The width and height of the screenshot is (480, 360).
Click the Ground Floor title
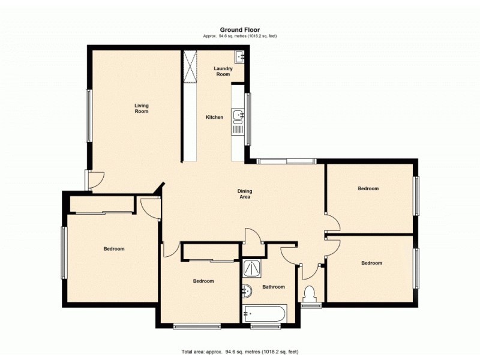(239, 30)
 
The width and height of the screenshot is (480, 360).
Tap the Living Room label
(141, 108)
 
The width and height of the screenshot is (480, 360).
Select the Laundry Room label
(223, 71)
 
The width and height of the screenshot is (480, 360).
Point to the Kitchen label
(214, 117)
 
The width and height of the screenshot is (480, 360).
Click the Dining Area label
(245, 194)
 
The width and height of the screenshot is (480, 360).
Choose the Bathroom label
(274, 287)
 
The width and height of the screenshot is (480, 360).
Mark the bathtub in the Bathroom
(265, 314)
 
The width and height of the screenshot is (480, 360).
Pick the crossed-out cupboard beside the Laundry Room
(190, 67)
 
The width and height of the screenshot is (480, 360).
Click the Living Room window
(88, 116)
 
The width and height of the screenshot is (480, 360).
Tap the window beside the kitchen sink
(247, 119)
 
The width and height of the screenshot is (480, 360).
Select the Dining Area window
(286, 161)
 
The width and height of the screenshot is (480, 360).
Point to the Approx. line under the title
(239, 36)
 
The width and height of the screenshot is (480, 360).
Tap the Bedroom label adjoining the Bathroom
(203, 281)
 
